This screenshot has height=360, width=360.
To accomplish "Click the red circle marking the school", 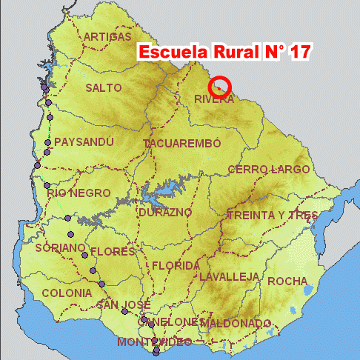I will click(x=221, y=87).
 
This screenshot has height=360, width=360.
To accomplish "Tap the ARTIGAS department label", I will click(x=108, y=36).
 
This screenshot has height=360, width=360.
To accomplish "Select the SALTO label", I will click(x=104, y=87).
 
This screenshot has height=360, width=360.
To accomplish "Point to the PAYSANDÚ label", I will click(x=84, y=141).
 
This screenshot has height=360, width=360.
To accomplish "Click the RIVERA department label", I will click(x=214, y=99).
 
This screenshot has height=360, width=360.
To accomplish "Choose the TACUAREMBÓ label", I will click(x=183, y=142).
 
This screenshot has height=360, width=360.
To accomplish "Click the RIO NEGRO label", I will click(x=79, y=193).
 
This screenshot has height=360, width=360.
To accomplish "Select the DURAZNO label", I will click(x=165, y=212).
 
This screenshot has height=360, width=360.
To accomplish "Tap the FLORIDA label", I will click(x=176, y=265).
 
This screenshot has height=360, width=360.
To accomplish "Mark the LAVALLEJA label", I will click(x=229, y=276).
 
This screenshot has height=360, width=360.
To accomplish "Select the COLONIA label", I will click(x=67, y=293).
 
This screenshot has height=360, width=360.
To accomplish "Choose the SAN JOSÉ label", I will click(x=124, y=304).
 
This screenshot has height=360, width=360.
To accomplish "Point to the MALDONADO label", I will click(x=236, y=324).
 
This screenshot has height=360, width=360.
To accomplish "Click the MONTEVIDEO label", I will click(x=154, y=341).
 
